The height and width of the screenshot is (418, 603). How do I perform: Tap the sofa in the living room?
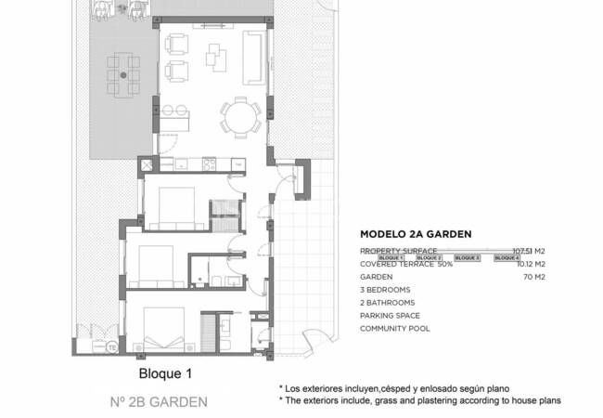coord(252,47)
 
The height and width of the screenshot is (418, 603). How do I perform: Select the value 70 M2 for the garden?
coord(532,277)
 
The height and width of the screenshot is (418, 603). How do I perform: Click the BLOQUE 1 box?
coord(392,257)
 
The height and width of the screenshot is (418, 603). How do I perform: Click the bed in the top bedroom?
coord(173,207)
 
